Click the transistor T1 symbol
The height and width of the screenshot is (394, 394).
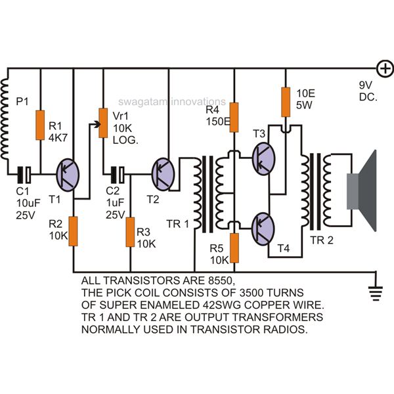[x=68, y=175]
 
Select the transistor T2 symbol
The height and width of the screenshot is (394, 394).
[x=163, y=174]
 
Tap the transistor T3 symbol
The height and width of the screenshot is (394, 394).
[x=263, y=158]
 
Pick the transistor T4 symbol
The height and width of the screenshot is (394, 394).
[x=263, y=229]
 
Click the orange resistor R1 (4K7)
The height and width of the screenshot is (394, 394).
[x=40, y=125]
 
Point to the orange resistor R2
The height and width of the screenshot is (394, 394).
[x=73, y=231]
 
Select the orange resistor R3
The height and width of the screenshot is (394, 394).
[x=130, y=232]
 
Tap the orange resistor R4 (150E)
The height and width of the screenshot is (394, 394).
[x=234, y=118]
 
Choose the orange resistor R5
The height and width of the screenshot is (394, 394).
[x=234, y=248]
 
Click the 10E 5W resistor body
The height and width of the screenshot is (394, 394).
[x=286, y=102]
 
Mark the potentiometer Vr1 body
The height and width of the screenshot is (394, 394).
[x=103, y=123]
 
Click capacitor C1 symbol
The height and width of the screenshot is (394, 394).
[x=24, y=175]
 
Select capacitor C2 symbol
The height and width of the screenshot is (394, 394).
[x=118, y=175]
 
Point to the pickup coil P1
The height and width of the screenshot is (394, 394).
[x=5, y=120]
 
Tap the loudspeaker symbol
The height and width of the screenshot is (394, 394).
[x=362, y=190]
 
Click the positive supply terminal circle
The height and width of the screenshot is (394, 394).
[x=385, y=68]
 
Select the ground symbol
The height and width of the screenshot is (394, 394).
[x=376, y=294]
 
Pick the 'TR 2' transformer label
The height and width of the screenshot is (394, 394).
[x=322, y=240]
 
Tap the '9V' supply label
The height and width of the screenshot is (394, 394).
[x=365, y=85]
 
